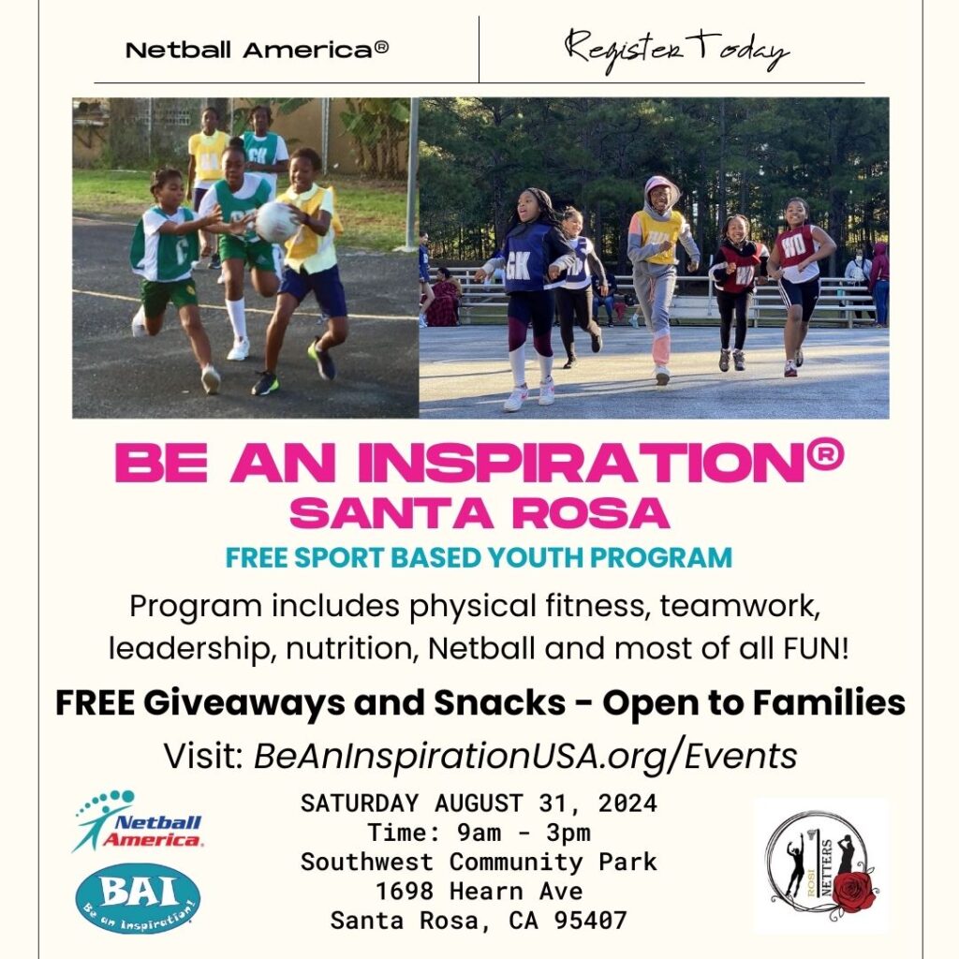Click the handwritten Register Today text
pos(676,52)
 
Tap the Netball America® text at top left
pos(257,50)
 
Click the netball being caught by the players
pos(276,222)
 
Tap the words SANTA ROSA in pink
pos(479,513)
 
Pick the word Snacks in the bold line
pos(500,702)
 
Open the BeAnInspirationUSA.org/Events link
pos(525,756)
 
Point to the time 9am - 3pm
pos(524,833)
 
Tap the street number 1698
pos(405,892)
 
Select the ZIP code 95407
pos(591,921)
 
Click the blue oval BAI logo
pos(138,898)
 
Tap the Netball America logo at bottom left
pos(138,821)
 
